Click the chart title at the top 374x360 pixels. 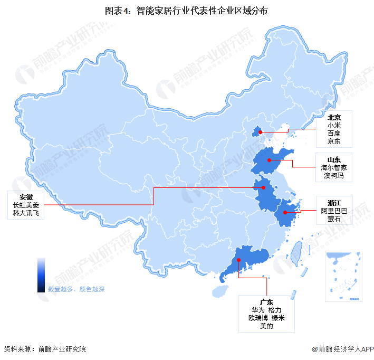[x=186, y=10]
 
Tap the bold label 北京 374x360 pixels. [x=333, y=117]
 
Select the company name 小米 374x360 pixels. [x=333, y=126]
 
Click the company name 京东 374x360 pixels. [x=333, y=141]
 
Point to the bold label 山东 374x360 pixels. [x=333, y=159]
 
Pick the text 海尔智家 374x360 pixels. [x=333, y=167]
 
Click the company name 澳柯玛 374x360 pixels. [x=333, y=175]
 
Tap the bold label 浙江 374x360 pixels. [x=334, y=203]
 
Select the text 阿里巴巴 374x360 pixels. [x=334, y=211]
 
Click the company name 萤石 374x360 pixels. [x=334, y=219]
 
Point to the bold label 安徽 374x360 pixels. [x=26, y=197]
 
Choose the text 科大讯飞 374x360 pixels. [x=26, y=213]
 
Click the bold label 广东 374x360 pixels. [x=267, y=302]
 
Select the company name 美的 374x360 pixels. [x=267, y=326]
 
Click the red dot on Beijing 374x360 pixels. [x=260, y=132]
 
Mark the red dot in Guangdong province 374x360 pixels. [x=239, y=260]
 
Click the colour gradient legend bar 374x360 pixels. [x=41, y=274]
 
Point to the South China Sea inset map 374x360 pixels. [x=342, y=276]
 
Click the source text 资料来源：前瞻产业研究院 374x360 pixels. [x=44, y=349]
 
